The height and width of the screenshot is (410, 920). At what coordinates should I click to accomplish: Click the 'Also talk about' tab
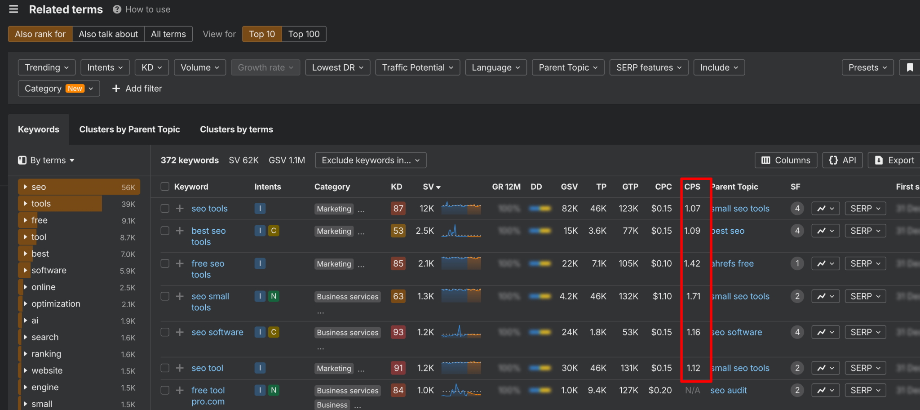pyautogui.click(x=108, y=34)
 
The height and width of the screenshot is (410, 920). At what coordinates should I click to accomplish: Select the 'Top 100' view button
pyautogui.click(x=304, y=34)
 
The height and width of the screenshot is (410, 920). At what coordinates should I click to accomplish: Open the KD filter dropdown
pyautogui.click(x=151, y=67)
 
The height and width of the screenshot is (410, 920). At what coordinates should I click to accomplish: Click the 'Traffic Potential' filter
pyautogui.click(x=417, y=67)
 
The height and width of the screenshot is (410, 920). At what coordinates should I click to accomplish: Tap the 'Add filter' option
pyautogui.click(x=137, y=89)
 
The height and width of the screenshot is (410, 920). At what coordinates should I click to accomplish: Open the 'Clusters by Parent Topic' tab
pyautogui.click(x=129, y=129)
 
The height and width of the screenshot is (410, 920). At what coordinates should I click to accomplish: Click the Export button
pyautogui.click(x=895, y=160)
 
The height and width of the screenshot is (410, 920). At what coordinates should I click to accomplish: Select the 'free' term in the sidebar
pyautogui.click(x=40, y=220)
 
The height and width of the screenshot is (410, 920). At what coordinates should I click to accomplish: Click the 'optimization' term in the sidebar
pyautogui.click(x=56, y=304)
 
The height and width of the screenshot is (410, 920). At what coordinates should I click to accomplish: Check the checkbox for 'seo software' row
pyautogui.click(x=165, y=332)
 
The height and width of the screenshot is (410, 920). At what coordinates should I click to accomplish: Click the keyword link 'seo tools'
pyautogui.click(x=209, y=209)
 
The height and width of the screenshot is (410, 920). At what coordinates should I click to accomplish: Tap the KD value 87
pyautogui.click(x=398, y=209)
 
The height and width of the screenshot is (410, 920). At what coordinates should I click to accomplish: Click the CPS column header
pyautogui.click(x=692, y=187)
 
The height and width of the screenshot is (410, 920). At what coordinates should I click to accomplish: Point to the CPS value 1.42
pyautogui.click(x=692, y=263)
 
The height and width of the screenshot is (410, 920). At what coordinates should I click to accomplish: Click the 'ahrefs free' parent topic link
pyautogui.click(x=732, y=263)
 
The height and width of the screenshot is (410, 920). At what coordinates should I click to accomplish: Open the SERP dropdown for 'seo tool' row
pyautogui.click(x=865, y=368)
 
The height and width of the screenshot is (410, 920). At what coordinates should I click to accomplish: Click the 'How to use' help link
pyautogui.click(x=142, y=9)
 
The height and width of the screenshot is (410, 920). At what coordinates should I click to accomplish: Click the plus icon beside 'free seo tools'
pyautogui.click(x=180, y=263)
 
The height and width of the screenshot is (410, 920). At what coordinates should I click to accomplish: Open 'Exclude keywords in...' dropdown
pyautogui.click(x=371, y=160)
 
